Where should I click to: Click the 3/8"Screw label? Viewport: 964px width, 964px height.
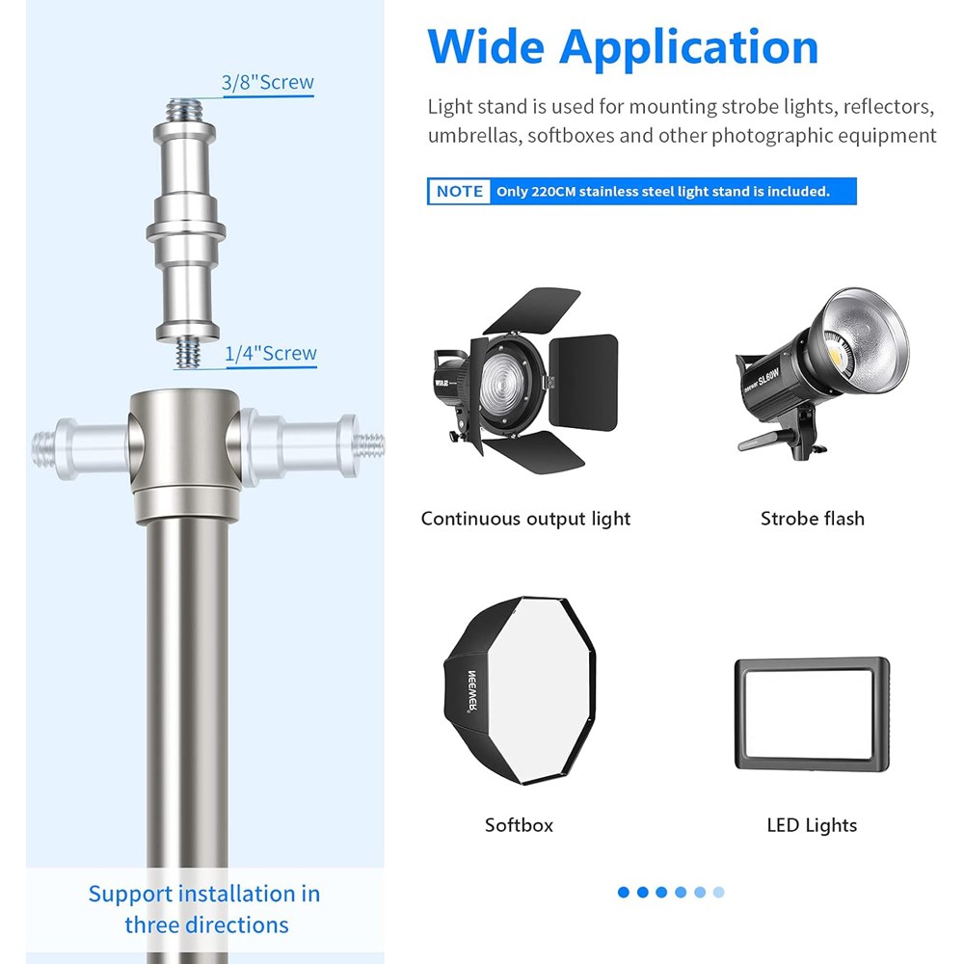click(x=267, y=82)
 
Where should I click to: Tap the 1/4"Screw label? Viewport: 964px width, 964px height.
click(x=271, y=354)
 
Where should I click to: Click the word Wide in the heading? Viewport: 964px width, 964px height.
click(x=486, y=46)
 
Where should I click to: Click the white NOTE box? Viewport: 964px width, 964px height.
click(x=459, y=191)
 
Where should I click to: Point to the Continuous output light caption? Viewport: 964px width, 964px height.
click(x=525, y=519)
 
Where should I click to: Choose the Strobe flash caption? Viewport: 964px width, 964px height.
click(x=812, y=519)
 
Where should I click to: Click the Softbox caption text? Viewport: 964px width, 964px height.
click(x=519, y=825)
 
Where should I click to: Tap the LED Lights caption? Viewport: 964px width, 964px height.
click(x=812, y=826)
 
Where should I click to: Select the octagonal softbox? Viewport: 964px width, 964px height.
click(x=521, y=690)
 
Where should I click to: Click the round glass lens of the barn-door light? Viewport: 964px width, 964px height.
click(x=501, y=385)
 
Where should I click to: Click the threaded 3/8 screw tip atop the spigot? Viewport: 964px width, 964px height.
click(x=184, y=111)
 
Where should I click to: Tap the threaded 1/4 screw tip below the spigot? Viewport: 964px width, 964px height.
click(x=188, y=352)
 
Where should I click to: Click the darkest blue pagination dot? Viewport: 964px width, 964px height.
click(x=624, y=892)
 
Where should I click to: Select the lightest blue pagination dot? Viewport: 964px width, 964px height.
click(x=719, y=892)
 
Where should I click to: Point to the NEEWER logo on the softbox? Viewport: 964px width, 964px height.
click(x=472, y=691)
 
